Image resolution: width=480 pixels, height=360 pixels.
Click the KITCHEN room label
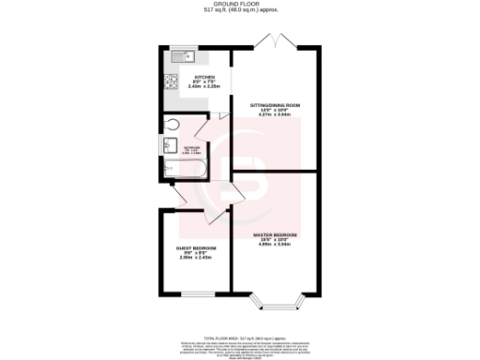(205, 77)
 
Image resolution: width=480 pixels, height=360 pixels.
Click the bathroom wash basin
(171, 146)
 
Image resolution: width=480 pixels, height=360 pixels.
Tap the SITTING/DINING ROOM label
(275, 104)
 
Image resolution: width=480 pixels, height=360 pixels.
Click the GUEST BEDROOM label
(197, 247)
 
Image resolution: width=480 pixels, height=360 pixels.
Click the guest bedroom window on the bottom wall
(197, 294)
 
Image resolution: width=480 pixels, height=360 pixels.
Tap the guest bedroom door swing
(178, 198)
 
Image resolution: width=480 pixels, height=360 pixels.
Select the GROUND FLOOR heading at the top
(240, 4)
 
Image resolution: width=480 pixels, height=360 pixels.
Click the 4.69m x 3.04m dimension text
(276, 245)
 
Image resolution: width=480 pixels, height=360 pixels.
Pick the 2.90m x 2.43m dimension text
(197, 259)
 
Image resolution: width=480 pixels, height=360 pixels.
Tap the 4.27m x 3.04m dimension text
(275, 115)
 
